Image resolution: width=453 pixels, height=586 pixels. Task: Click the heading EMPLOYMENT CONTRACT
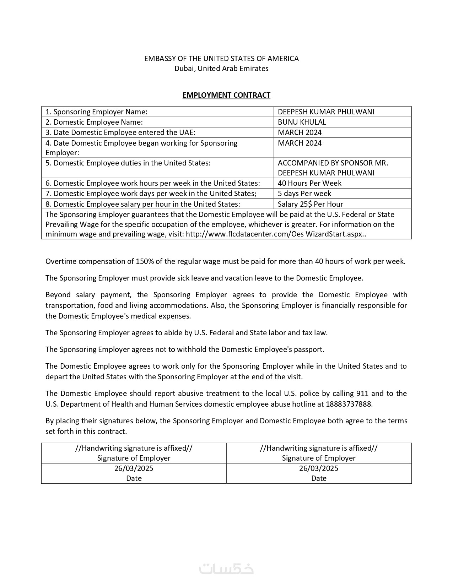pos(226,95)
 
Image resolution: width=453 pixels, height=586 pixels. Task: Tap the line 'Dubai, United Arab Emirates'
pos(221,69)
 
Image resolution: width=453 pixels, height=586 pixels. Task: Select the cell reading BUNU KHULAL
pos(302,122)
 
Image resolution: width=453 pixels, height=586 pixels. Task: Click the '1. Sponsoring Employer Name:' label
pos(96,112)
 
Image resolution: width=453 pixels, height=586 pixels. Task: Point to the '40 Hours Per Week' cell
pos(309,183)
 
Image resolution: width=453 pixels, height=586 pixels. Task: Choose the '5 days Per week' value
pos(304,194)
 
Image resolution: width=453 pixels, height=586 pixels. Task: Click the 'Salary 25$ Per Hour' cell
pos(310,204)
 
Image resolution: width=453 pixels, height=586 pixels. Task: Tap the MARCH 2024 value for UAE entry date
pos(300,132)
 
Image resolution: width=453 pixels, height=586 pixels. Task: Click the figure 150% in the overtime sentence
pos(145,261)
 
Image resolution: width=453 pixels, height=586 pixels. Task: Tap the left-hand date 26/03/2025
pos(134,468)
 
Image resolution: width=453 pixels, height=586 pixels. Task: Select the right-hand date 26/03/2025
pos(319,468)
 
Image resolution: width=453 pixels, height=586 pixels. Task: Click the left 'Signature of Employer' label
pos(134,458)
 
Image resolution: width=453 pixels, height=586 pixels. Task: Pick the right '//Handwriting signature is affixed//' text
pos(319,448)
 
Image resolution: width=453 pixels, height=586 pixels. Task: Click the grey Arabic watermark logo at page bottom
pos(226,569)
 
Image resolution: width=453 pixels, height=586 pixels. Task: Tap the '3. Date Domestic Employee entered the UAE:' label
pos(120,132)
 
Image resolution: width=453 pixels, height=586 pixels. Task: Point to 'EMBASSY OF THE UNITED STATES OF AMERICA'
pos(221,59)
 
